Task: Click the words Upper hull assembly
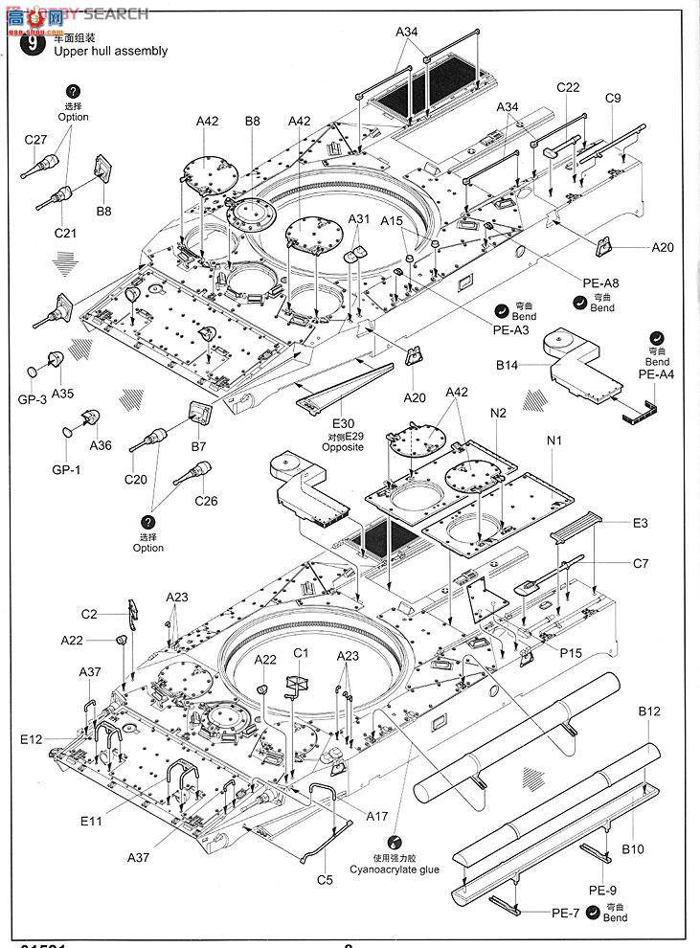coord(112,51)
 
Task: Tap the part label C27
coord(35,140)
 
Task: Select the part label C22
coord(568,88)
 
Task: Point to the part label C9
coord(613,98)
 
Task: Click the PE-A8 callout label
coord(601,282)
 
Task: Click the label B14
coord(507,365)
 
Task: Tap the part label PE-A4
coord(657,375)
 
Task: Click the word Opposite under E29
coord(343,447)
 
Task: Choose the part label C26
coord(206,500)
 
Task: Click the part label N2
coord(498,414)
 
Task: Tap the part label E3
coord(640,523)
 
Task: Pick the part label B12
coord(649,711)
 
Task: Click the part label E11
coord(91,794)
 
